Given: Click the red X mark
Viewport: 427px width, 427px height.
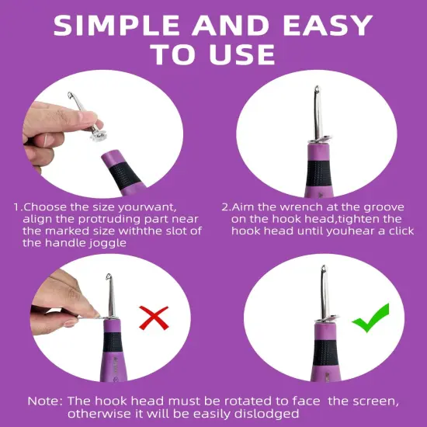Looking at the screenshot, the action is pos(154,318).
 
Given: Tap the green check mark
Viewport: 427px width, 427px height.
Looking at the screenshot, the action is pos(371,318).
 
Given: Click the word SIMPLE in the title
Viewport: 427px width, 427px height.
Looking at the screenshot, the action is pos(116,25).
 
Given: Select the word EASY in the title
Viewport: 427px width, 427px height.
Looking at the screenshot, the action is pos(328,25).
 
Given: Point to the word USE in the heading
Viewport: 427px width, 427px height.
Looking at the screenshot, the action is pos(242,54).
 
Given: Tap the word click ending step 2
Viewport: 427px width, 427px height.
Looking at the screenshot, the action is pos(401,231).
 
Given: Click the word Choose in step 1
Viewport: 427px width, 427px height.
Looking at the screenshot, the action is pos(45,207).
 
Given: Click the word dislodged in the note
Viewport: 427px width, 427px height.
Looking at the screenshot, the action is pos(266,413).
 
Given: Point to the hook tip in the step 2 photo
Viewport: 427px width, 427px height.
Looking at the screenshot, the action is pos(317,89).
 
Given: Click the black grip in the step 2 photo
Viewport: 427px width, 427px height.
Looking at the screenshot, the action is pos(318,173).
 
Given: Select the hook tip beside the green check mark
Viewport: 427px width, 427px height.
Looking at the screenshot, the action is pos(324,269).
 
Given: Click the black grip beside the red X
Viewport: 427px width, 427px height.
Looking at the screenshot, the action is pos(113,342).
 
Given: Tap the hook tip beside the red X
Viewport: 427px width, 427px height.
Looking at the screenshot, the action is pos(109,277).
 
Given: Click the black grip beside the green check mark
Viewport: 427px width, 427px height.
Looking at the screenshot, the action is pos(325,352).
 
